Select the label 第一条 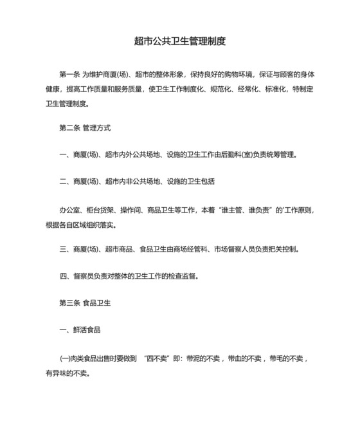click(68, 73)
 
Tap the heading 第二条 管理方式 click(85, 128)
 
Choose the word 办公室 click(68, 210)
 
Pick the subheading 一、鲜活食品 click(80, 330)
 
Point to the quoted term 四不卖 click(157, 358)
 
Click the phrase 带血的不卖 click(242, 358)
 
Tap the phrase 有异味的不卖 click(67, 372)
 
